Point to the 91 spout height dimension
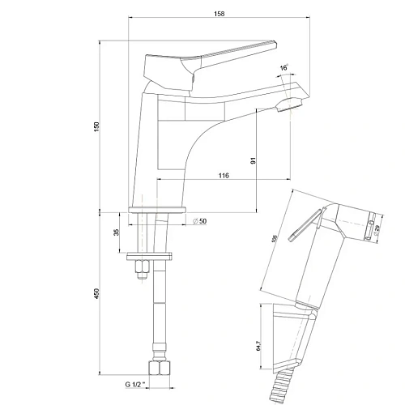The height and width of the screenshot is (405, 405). [x=254, y=160]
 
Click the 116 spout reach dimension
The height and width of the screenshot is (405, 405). [x=224, y=176]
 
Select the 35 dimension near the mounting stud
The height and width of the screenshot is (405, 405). [x=117, y=232]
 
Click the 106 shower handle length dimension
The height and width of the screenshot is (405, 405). [x=275, y=240]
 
